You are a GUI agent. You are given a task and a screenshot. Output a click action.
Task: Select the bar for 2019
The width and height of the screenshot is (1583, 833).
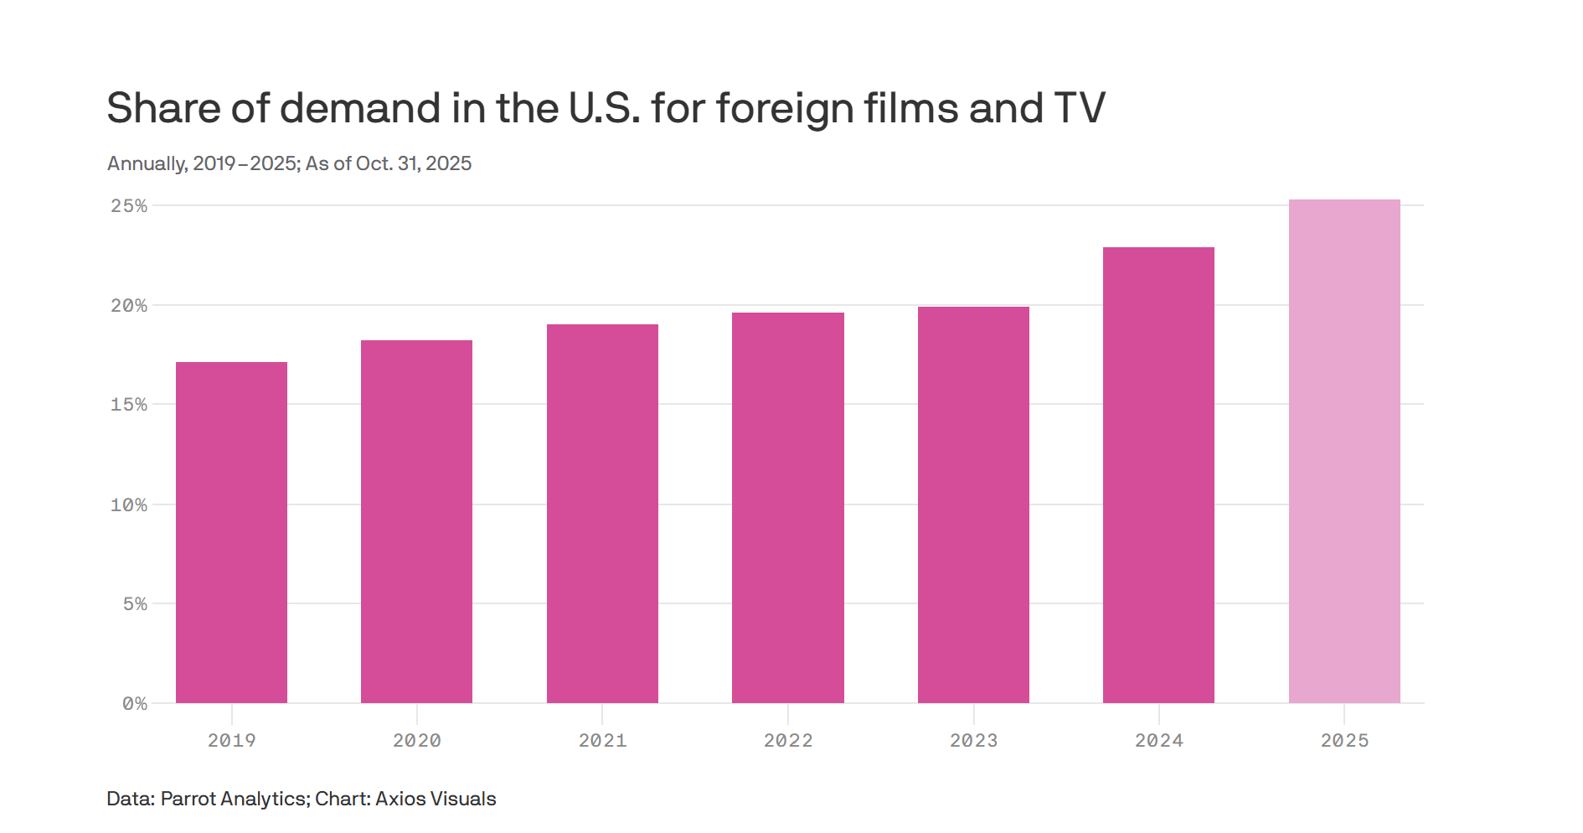point(231,532)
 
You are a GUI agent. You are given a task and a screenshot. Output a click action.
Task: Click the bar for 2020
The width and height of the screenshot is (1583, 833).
point(416,521)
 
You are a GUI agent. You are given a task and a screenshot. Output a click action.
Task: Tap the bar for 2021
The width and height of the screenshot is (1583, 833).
point(602,513)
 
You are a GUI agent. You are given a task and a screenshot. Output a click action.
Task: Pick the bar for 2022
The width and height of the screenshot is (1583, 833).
point(787,507)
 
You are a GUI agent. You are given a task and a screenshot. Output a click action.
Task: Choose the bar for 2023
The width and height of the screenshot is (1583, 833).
point(973,504)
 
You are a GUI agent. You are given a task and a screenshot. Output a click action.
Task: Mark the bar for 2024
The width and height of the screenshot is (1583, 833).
point(1158,474)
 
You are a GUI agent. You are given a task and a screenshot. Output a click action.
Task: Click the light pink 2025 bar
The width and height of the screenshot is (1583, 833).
point(1344,451)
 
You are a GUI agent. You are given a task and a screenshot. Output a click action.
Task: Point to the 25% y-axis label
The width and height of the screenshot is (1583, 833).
point(129,206)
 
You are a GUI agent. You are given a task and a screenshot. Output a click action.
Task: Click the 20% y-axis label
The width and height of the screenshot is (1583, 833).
point(129,306)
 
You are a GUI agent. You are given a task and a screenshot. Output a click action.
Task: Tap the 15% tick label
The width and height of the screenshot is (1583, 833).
point(129,405)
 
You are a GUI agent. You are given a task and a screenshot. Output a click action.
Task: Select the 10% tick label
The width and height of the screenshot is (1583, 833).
point(129,505)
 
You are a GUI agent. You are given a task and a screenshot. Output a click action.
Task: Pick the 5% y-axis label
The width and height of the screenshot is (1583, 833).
point(135,604)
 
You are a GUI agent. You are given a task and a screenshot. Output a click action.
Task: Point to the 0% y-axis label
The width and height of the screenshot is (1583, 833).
point(135,704)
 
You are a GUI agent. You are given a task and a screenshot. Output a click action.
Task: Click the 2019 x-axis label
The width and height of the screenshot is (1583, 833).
point(231,741)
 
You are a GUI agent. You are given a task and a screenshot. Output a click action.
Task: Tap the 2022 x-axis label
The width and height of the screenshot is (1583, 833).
point(787,741)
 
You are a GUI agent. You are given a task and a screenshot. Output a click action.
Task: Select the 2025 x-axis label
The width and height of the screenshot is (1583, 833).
point(1344,741)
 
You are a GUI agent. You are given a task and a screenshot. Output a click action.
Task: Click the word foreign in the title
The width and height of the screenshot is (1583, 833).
point(783,109)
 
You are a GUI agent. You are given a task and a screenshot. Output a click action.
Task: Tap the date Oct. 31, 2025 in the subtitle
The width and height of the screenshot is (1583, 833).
point(414,163)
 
